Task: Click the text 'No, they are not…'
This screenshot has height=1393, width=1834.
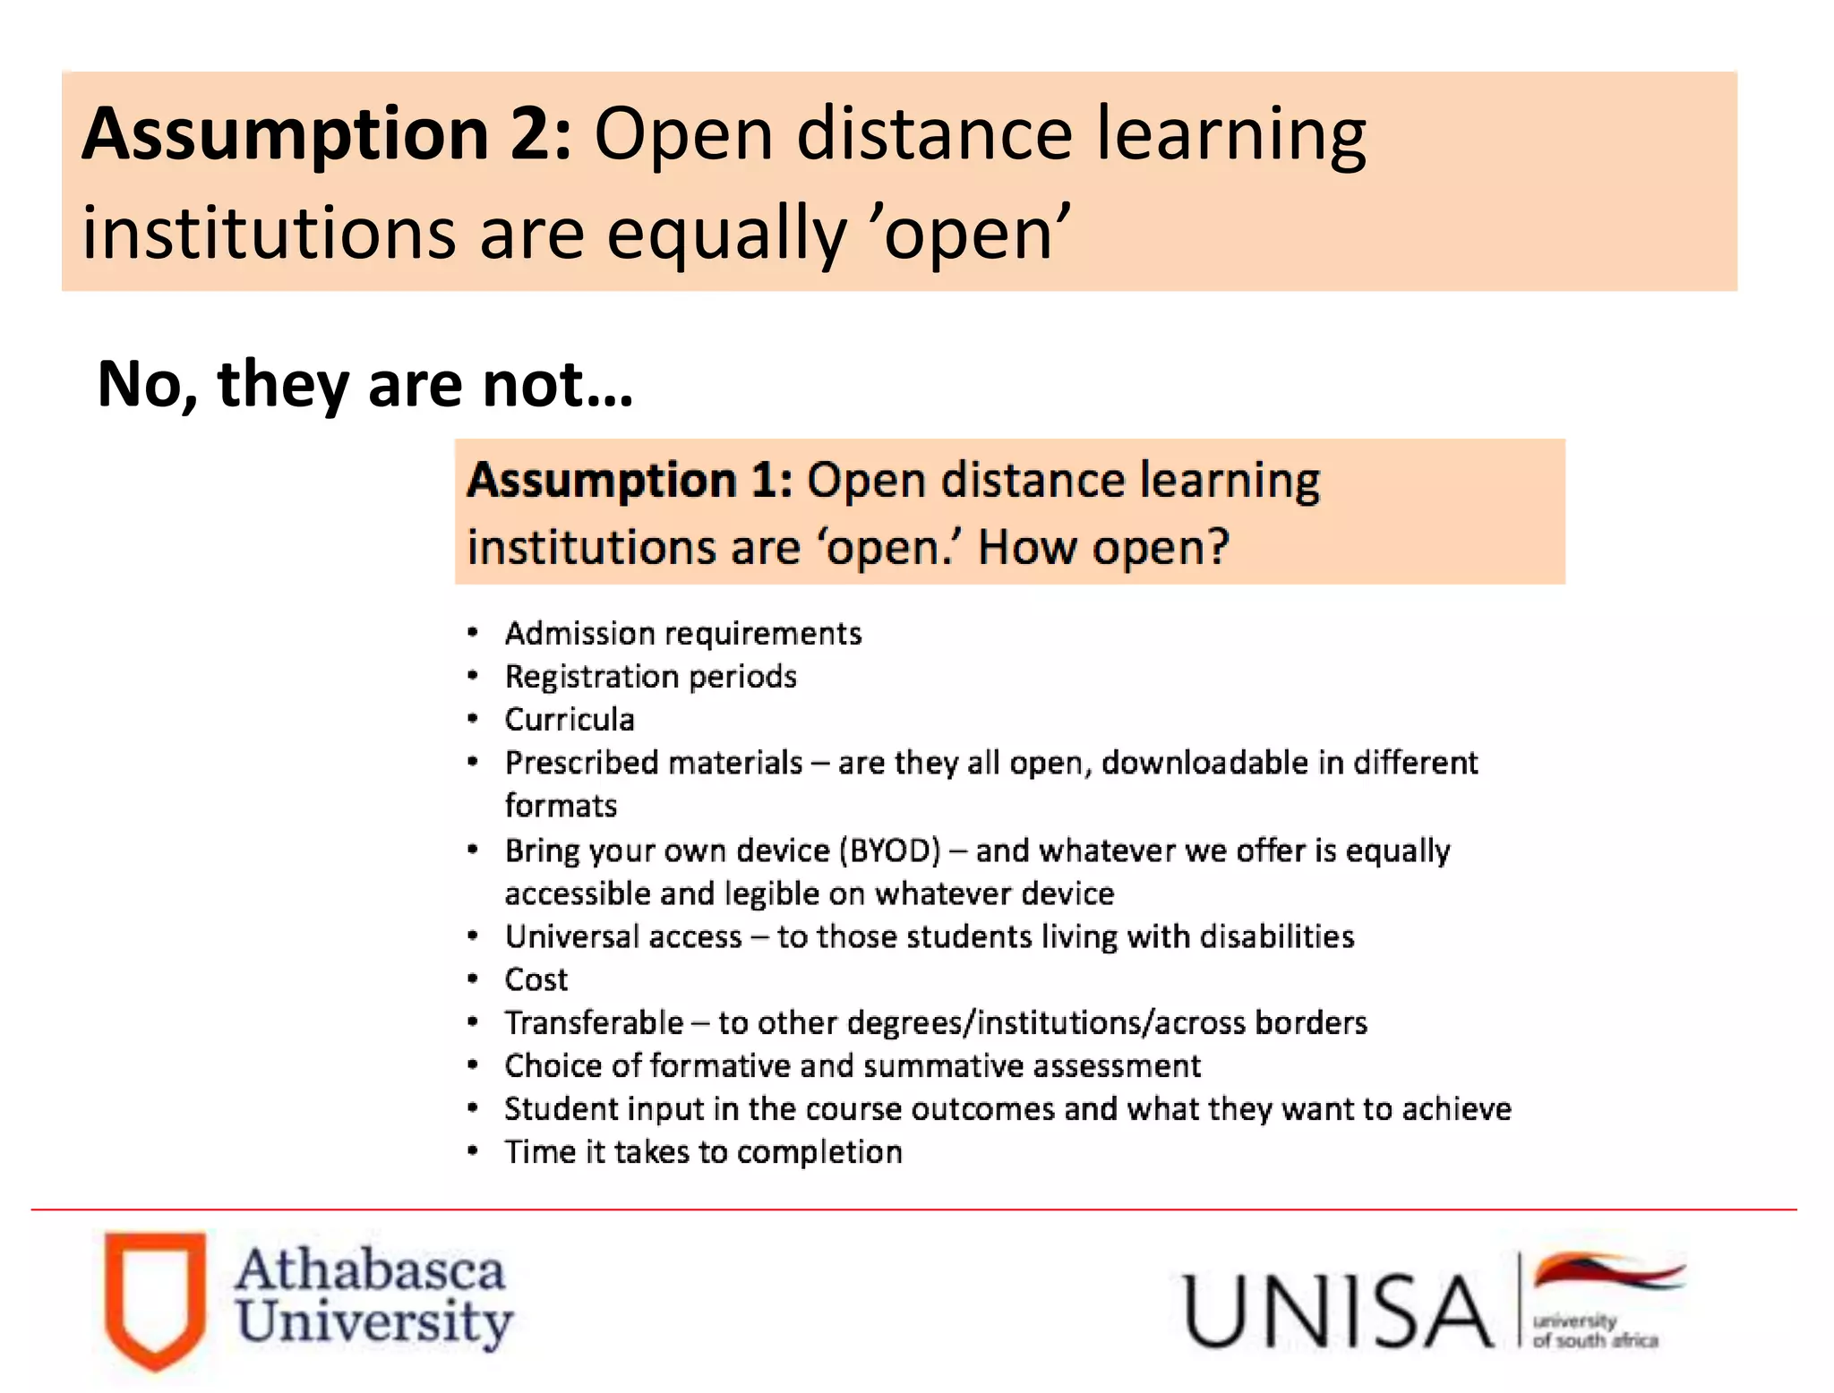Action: (x=364, y=384)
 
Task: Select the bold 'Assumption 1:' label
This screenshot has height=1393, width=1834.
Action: (x=630, y=480)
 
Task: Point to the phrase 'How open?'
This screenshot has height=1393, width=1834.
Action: (x=1103, y=547)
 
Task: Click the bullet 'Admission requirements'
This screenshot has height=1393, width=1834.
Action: (x=682, y=634)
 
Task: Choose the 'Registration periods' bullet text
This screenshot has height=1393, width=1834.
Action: (x=650, y=677)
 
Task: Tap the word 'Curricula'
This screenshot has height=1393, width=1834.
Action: (x=570, y=720)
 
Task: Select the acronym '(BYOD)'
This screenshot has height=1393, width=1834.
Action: (x=890, y=850)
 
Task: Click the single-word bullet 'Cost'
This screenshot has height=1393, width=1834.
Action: (x=536, y=979)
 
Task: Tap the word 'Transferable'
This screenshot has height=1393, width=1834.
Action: (x=594, y=1022)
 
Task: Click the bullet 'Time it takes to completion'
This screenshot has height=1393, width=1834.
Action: (x=703, y=1152)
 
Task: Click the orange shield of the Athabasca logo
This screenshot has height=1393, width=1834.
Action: (x=155, y=1298)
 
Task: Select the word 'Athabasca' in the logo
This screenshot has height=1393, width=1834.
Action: (x=370, y=1271)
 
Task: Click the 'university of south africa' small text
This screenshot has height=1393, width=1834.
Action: (x=1595, y=1331)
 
